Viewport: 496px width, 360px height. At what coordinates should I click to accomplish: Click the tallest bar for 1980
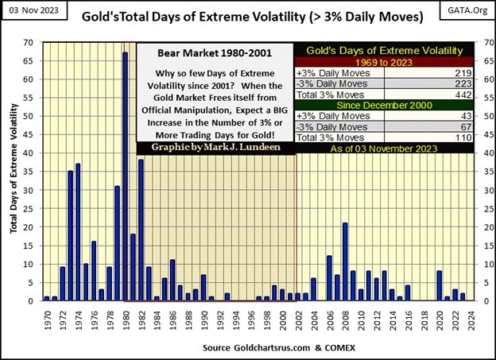[x=126, y=176]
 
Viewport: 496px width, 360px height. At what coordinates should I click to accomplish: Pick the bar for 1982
[x=141, y=230]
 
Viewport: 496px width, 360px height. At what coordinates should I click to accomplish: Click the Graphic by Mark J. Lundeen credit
[x=216, y=147]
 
